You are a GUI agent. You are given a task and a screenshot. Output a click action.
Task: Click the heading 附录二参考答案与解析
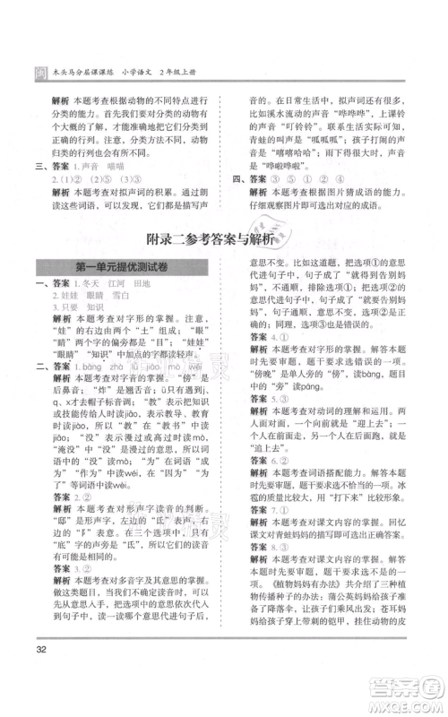pyautogui.click(x=223, y=239)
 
